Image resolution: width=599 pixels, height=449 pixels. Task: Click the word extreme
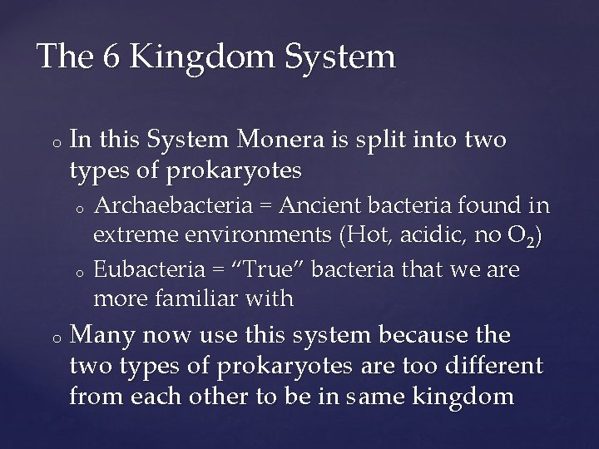point(136,237)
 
